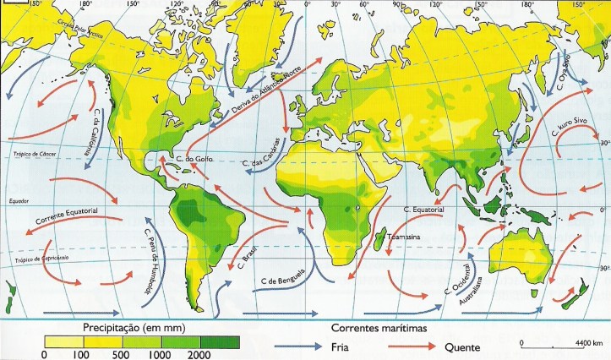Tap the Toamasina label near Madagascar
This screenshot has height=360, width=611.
404,238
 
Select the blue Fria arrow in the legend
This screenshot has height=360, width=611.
300,346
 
